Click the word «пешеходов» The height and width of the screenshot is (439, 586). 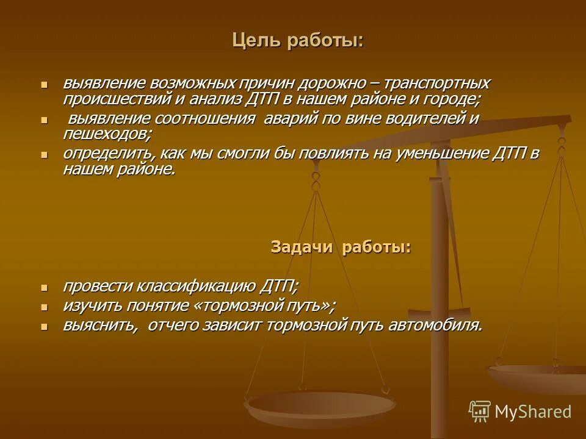tap(107, 134)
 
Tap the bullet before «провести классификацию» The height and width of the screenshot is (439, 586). tap(43, 287)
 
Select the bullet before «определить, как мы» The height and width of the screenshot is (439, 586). tap(43, 154)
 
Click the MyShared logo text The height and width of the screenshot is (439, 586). tap(532, 412)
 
